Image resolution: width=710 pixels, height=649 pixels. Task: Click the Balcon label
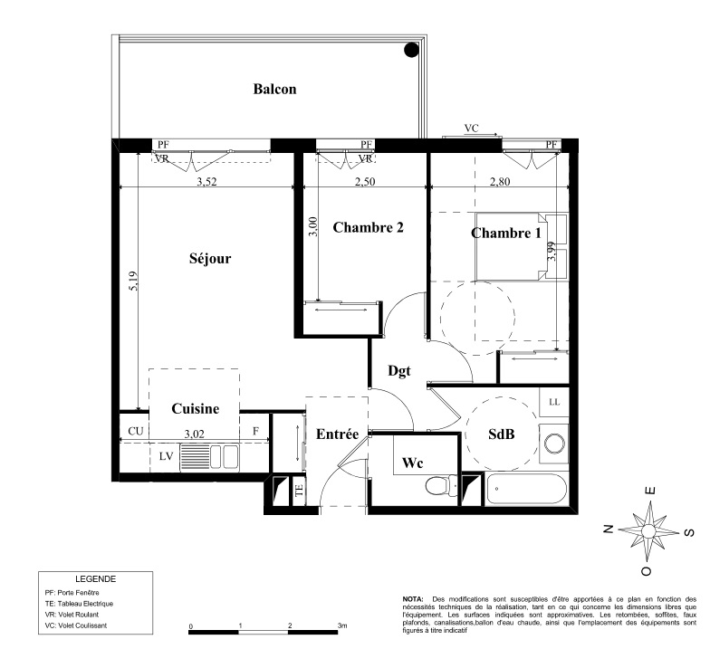pyautogui.click(x=274, y=89)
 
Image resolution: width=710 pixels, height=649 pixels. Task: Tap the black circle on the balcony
pyautogui.click(x=411, y=50)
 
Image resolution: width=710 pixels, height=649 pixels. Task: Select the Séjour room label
pyautogui.click(x=210, y=259)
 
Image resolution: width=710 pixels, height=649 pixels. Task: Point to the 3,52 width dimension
pyautogui.click(x=206, y=181)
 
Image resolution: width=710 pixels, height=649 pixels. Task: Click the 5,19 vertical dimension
pyautogui.click(x=133, y=281)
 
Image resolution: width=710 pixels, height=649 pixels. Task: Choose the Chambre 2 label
pyautogui.click(x=368, y=227)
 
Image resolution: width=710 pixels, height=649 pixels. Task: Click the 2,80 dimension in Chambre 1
pyautogui.click(x=500, y=181)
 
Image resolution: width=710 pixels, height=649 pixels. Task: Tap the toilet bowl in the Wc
pyautogui.click(x=442, y=485)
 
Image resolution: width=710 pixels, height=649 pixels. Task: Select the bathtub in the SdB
pyautogui.click(x=526, y=489)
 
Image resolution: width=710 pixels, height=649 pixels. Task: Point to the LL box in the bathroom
pyautogui.click(x=554, y=402)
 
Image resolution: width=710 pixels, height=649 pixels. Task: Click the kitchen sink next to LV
pyautogui.click(x=209, y=456)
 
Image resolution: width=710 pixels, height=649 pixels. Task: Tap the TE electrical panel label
pyautogui.click(x=299, y=491)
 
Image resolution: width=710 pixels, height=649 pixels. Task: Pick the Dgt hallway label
pyautogui.click(x=398, y=371)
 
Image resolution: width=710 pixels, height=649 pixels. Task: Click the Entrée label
pyautogui.click(x=337, y=434)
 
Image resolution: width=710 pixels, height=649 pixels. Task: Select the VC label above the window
pyautogui.click(x=471, y=129)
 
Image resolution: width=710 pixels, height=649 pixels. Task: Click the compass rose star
pyautogui.click(x=648, y=530)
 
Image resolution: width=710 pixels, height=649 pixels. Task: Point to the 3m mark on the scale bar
pyautogui.click(x=342, y=625)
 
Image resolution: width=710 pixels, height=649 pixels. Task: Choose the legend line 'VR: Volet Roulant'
pyautogui.click(x=72, y=615)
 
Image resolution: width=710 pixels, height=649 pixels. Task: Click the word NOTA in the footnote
pyautogui.click(x=413, y=599)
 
